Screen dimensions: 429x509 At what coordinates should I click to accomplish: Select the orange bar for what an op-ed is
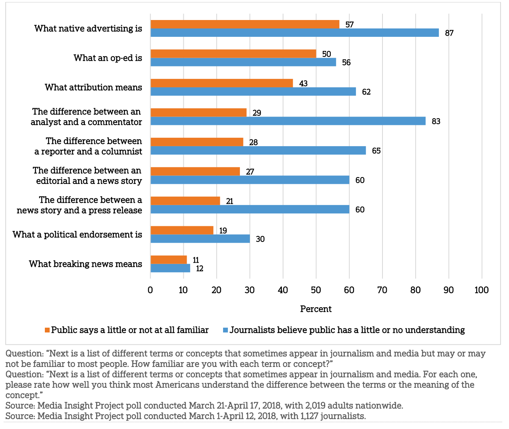click(233, 54)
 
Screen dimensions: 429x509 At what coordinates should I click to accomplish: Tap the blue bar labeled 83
click(288, 121)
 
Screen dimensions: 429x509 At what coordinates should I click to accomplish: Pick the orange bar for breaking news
click(169, 260)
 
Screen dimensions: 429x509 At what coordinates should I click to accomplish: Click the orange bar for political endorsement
click(182, 230)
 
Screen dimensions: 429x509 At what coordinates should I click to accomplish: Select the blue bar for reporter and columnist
click(258, 151)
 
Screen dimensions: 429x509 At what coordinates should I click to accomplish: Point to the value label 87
click(449, 33)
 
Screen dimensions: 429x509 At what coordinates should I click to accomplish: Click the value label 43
click(303, 83)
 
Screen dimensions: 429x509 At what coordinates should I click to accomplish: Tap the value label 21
click(229, 201)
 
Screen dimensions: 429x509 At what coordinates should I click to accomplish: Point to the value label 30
click(260, 239)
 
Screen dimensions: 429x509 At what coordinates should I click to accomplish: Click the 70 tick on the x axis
click(382, 290)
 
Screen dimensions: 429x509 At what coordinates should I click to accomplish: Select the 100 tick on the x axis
click(481, 290)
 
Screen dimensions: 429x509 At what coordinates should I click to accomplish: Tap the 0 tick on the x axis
click(150, 290)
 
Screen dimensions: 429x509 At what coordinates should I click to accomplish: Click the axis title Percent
click(316, 309)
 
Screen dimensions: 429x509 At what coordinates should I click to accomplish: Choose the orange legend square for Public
click(47, 330)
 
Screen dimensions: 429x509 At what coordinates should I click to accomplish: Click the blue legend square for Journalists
click(225, 330)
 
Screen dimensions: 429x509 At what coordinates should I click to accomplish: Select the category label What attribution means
click(93, 87)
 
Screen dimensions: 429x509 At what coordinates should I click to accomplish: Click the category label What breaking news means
click(85, 264)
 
